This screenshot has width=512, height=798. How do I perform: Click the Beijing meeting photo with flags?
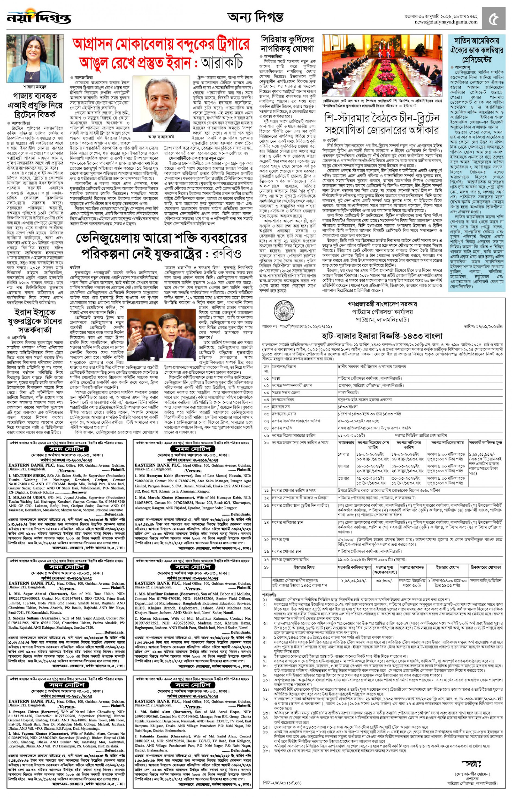[x=382, y=66]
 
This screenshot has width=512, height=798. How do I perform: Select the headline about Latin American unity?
[x=476, y=50]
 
